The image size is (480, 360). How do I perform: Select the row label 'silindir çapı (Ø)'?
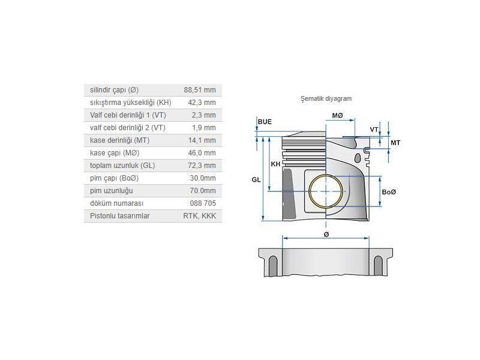[x=114, y=90]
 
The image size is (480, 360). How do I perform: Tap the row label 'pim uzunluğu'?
[x=111, y=191]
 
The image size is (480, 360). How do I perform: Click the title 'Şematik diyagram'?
[x=326, y=98]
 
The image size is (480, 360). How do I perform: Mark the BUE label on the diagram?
[x=265, y=122]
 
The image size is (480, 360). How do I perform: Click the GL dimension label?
[x=256, y=180]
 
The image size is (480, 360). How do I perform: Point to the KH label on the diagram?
[x=275, y=164]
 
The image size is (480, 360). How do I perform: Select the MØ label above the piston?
[x=337, y=115]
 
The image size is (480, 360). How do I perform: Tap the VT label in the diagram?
[x=374, y=130]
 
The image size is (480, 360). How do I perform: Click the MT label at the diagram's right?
[x=395, y=143]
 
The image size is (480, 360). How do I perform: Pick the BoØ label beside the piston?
[x=389, y=192]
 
